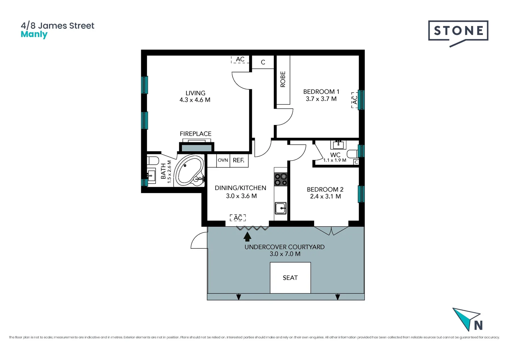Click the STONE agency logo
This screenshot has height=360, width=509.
coord(458,31)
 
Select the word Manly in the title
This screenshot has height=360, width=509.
coord(34,34)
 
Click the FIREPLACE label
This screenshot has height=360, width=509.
coord(196,134)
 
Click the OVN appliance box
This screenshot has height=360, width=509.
coord(223,160)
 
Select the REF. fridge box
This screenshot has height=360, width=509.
coord(239,160)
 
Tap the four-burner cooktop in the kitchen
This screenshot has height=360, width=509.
coord(280,179)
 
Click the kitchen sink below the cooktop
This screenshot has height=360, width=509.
coord(280,208)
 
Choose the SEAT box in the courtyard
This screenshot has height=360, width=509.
coord(290,278)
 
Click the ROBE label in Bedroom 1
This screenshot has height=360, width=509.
coord(283,79)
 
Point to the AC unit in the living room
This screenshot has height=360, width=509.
coord(240,59)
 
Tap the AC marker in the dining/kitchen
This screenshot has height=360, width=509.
coord(238,218)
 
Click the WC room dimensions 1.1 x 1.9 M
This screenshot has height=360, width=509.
coord(334,160)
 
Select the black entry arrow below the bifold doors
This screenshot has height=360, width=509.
coord(247,236)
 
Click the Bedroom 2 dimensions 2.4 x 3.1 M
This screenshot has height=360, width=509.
coord(325,196)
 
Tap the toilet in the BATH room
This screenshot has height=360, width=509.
coord(153,161)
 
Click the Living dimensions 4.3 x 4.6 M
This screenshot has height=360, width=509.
coord(195,100)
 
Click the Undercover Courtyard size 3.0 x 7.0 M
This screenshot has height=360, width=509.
coord(285,254)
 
